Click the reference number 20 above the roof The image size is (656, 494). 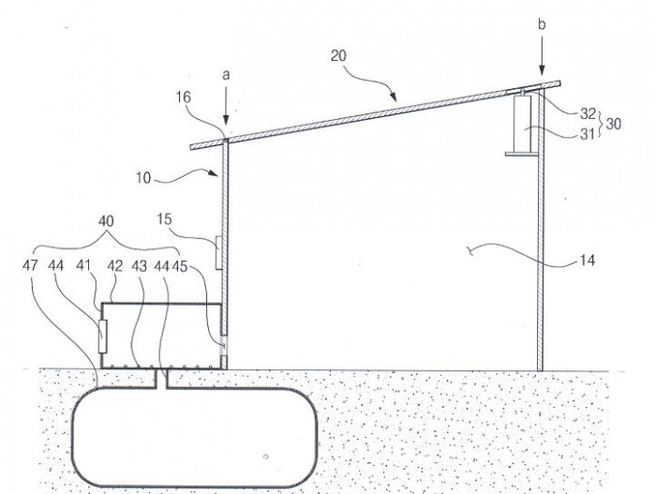tap(339, 55)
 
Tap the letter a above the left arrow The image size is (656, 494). tap(226, 75)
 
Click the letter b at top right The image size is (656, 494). tap(542, 24)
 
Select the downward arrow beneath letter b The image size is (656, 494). tap(543, 55)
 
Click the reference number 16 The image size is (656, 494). tap(184, 97)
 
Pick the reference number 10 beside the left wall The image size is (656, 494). tap(143, 178)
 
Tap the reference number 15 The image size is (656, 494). tap(165, 219)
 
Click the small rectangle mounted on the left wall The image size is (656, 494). tap(218, 253)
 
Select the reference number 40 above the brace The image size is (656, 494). tap(106, 221)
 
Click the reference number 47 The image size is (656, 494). tap(30, 265)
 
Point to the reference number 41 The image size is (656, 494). tap(83, 265)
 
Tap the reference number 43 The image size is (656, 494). tap(140, 266)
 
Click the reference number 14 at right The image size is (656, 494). tap(588, 261)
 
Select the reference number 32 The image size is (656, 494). tap(588, 113)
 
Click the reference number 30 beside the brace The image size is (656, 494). tap(613, 124)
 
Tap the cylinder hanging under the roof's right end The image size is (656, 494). tap(522, 124)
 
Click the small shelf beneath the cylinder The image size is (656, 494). tap(522, 155)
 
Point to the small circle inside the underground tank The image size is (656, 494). tap(265, 457)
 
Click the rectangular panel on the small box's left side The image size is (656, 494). tap(102, 337)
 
